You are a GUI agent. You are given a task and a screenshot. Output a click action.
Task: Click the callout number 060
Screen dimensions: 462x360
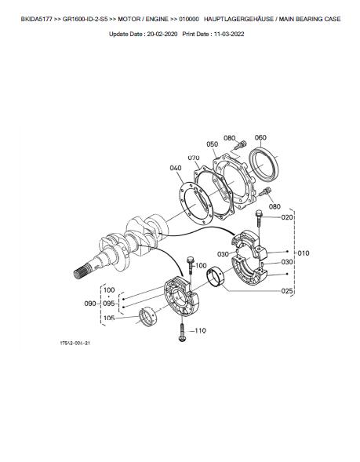[260, 137]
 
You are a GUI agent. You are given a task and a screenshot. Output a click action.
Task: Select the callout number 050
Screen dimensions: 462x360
[212, 144]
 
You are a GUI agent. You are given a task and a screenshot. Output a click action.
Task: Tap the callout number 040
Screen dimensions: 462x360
[175, 168]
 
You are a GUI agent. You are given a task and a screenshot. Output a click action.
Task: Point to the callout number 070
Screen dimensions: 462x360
[194, 158]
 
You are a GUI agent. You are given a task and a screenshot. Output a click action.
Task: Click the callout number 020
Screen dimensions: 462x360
[287, 217]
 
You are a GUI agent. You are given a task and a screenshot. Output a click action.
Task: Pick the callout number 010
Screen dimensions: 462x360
[304, 253]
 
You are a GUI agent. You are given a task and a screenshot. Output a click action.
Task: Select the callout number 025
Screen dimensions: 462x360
[287, 291]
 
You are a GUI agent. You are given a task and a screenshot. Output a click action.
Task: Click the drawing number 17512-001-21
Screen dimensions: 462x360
[75, 344]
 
